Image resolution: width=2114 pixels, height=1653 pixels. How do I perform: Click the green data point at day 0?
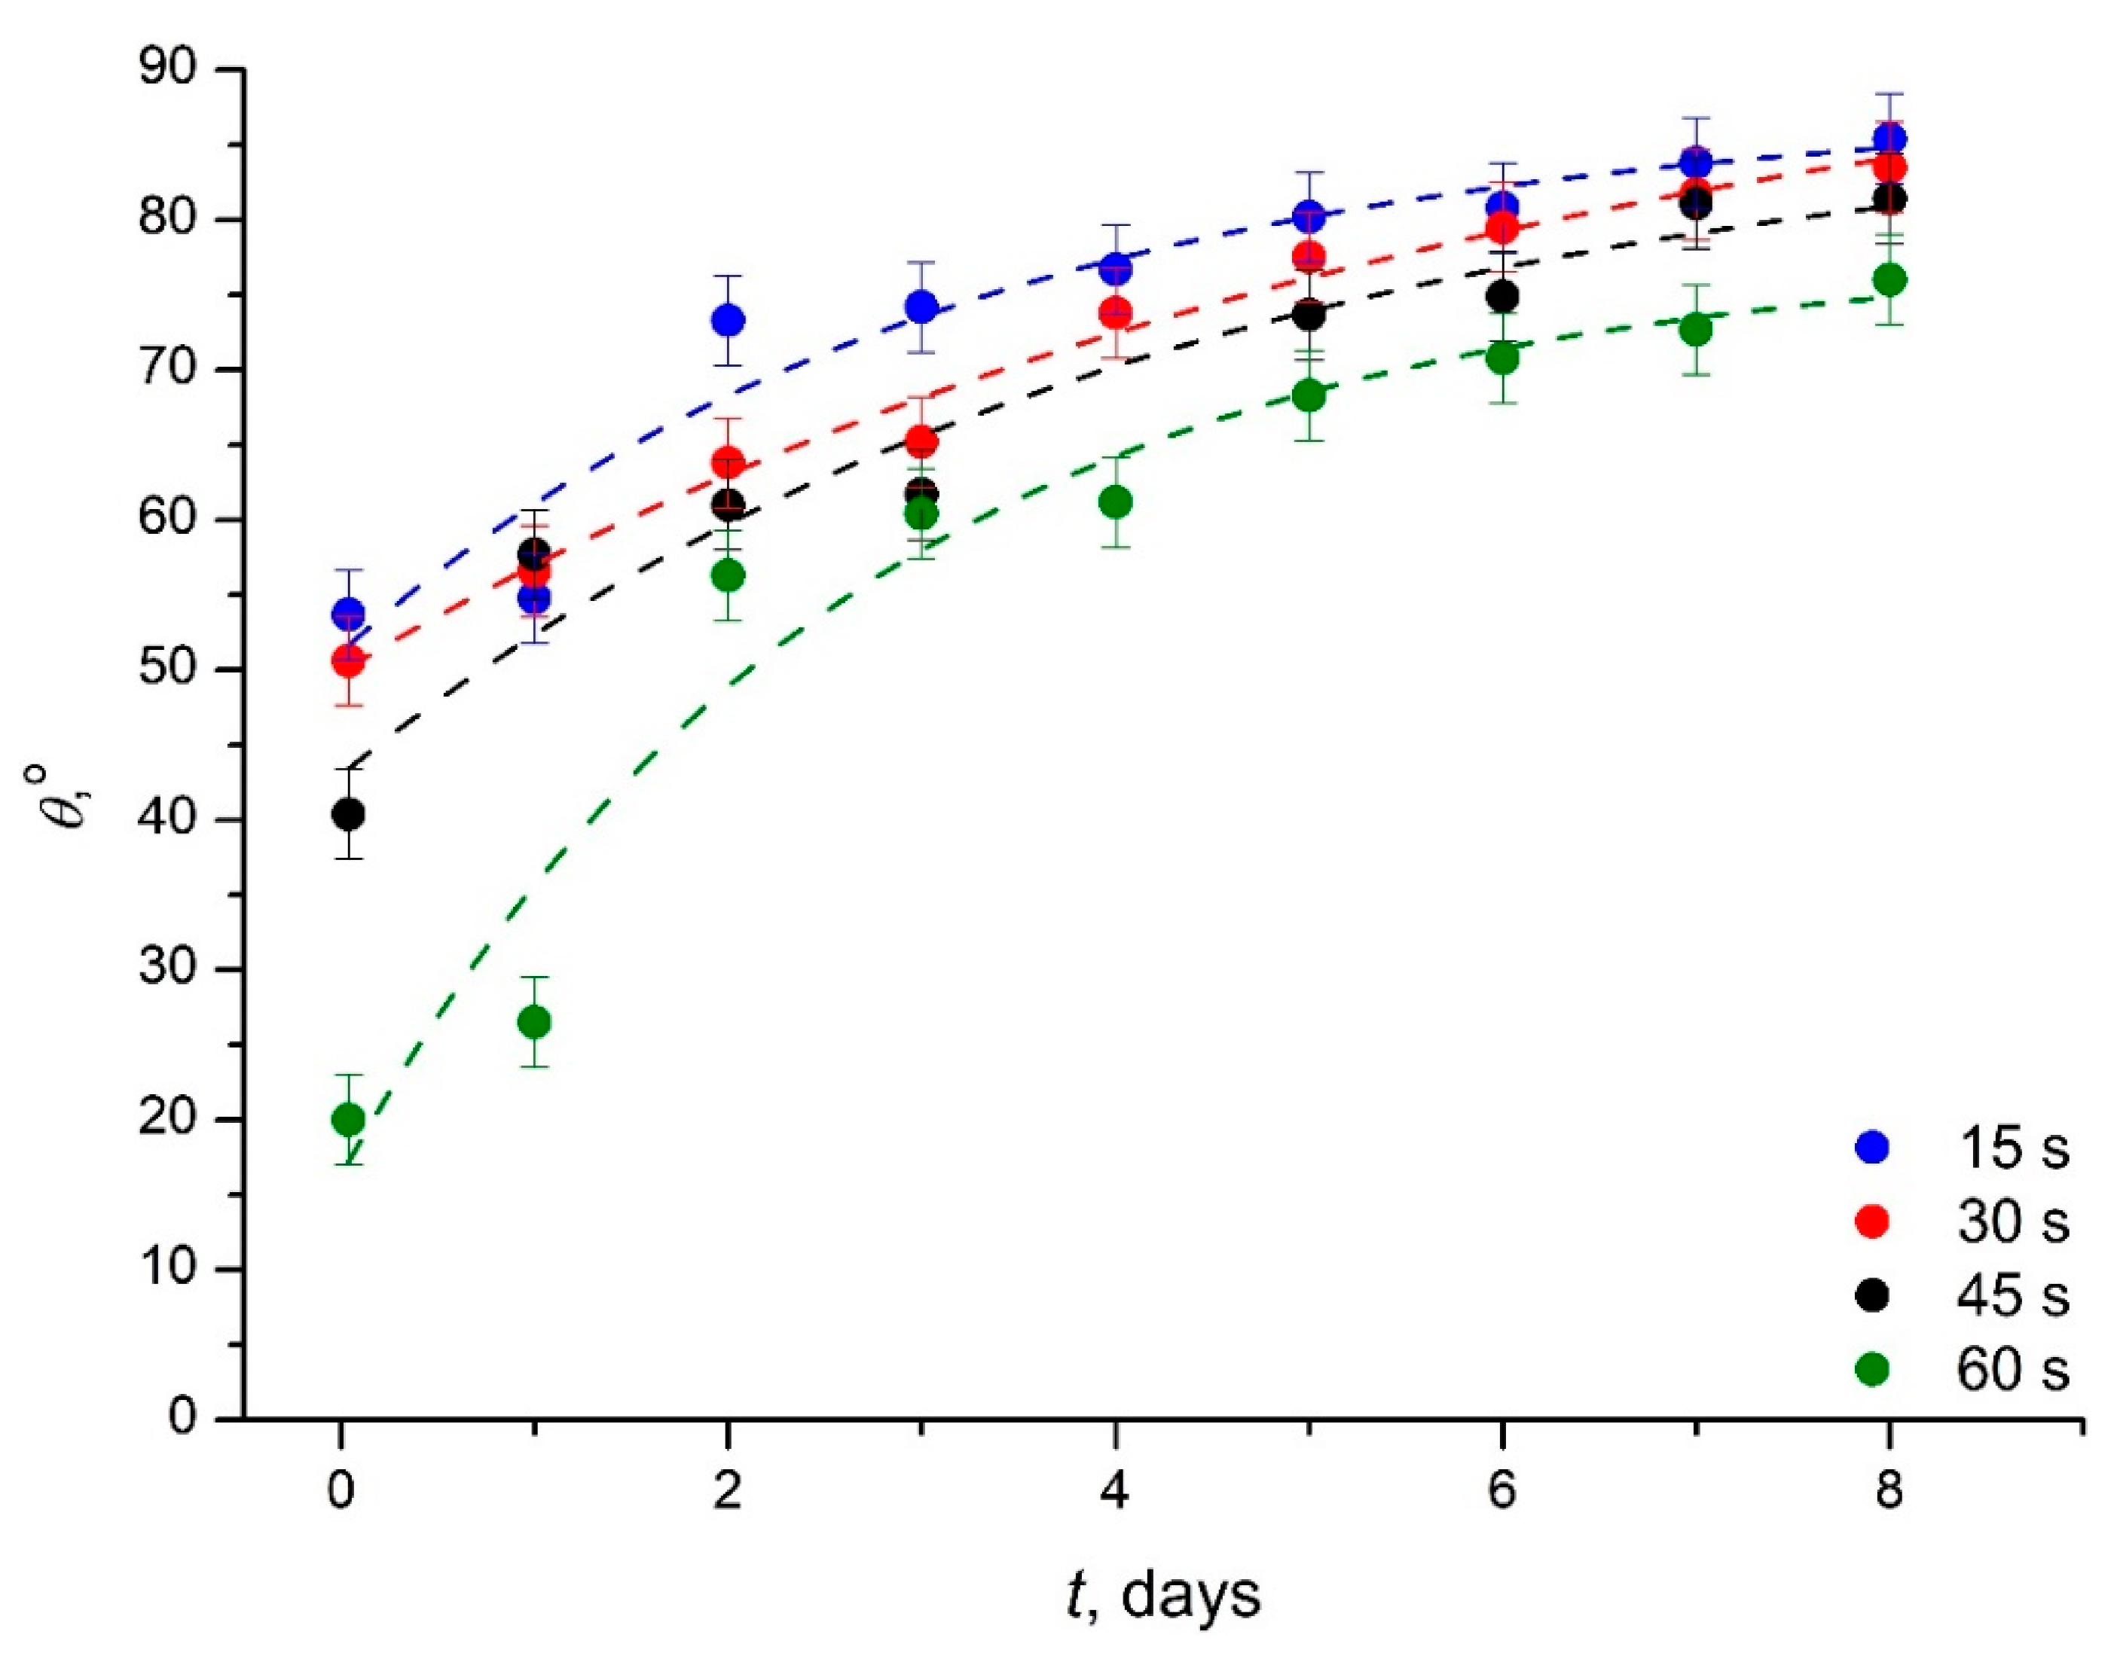[x=349, y=1120]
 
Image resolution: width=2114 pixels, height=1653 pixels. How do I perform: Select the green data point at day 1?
[x=534, y=1022]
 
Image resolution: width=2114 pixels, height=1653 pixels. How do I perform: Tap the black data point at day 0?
[x=349, y=815]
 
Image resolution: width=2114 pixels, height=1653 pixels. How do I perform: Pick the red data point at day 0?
[x=349, y=662]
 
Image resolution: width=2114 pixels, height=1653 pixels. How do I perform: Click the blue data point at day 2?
[x=728, y=320]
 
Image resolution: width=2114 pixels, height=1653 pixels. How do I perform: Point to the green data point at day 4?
[x=1116, y=502]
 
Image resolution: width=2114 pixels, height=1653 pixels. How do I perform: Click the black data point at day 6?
[x=1502, y=296]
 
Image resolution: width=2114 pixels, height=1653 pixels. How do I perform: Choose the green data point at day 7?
[x=1696, y=330]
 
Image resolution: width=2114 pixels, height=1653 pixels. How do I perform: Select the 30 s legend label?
[x=2013, y=1222]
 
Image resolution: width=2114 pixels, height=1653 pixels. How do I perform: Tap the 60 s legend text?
[x=2013, y=1369]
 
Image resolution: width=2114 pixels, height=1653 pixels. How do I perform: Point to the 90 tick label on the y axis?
[x=166, y=71]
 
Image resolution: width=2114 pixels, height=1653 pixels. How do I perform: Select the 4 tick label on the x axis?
[x=1115, y=1491]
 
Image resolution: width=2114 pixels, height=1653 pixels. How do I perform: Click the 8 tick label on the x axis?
[x=1889, y=1491]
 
